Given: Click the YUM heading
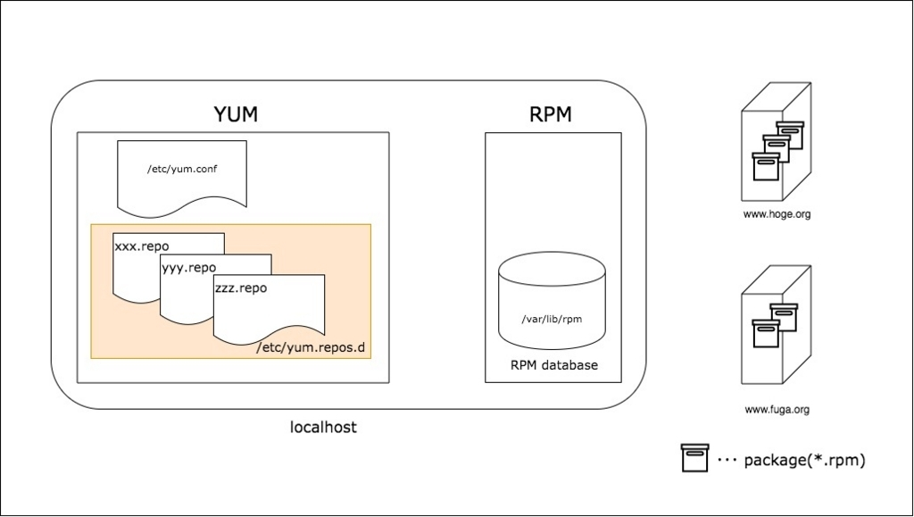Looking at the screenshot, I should pyautogui.click(x=236, y=114).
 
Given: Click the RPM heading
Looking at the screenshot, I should pyautogui.click(x=551, y=114).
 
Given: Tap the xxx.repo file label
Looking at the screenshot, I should pyautogui.click(x=142, y=246).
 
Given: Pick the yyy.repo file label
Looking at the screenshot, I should pyautogui.click(x=188, y=267).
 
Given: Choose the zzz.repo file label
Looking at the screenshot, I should pyautogui.click(x=241, y=288).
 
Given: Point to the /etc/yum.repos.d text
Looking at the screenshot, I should pyautogui.click(x=311, y=348).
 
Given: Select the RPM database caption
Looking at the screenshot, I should pyautogui.click(x=553, y=365).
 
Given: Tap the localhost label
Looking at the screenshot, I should pyautogui.click(x=323, y=428).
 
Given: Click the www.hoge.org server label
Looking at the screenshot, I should pyautogui.click(x=777, y=214).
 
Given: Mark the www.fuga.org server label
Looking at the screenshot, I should pyautogui.click(x=777, y=410).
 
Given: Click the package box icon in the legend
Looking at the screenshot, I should pyautogui.click(x=694, y=458).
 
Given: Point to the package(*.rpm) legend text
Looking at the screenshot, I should pyautogui.click(x=804, y=461).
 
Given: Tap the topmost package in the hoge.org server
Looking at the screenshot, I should pyautogui.click(x=790, y=135).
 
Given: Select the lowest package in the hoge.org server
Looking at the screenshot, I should pyautogui.click(x=766, y=167).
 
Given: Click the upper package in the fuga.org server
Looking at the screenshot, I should pyautogui.click(x=784, y=317).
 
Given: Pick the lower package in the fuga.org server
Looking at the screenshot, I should pyautogui.click(x=766, y=333).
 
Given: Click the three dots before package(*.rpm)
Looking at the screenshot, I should pyautogui.click(x=727, y=461).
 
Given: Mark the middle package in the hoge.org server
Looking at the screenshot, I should pyautogui.click(x=777, y=149).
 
